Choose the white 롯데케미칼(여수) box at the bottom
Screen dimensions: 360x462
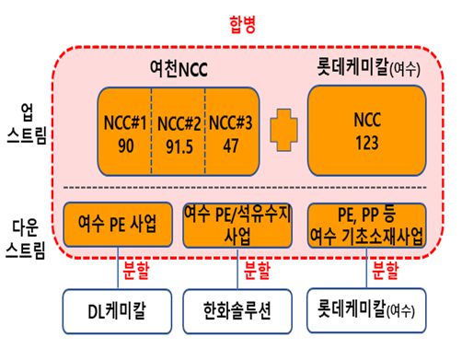tap(366, 311)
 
